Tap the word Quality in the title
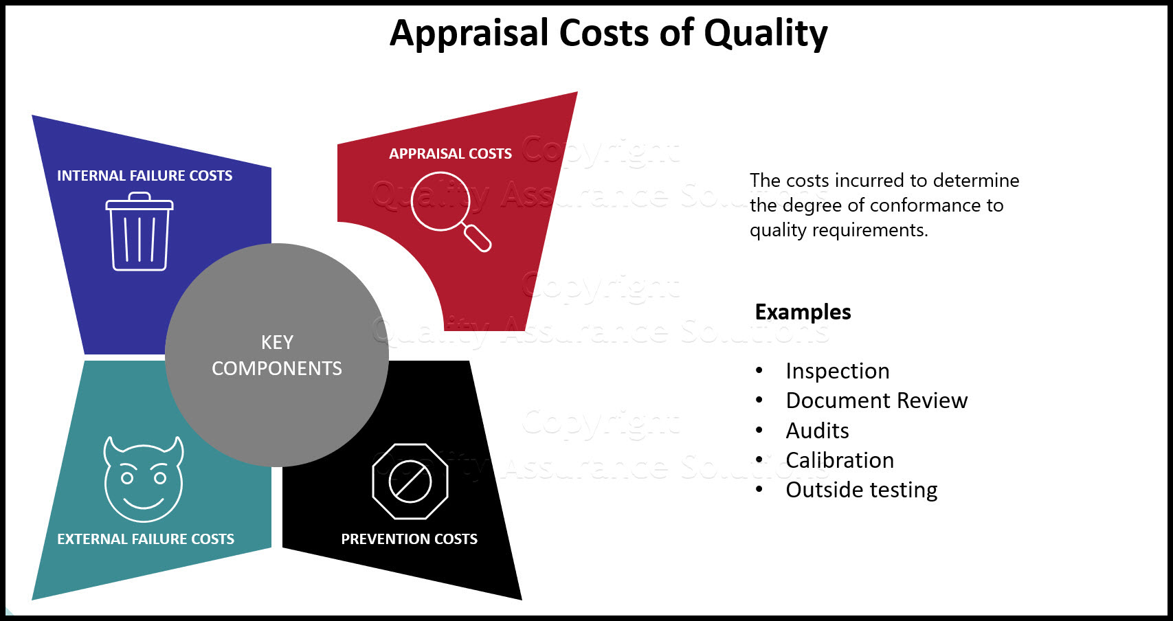[766, 34]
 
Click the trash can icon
[139, 232]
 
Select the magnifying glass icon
[451, 212]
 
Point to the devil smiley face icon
[144, 479]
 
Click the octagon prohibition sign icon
[410, 482]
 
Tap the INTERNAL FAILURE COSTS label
[144, 175]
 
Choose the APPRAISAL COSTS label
[450, 153]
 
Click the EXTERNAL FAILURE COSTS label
[146, 539]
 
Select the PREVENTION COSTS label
[410, 539]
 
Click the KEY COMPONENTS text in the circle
[277, 355]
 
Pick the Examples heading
[803, 313]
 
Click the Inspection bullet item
[838, 371]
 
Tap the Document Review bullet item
[877, 400]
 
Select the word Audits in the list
[818, 431]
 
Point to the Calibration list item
[840, 460]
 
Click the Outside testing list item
[862, 490]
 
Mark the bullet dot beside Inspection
[759, 370]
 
